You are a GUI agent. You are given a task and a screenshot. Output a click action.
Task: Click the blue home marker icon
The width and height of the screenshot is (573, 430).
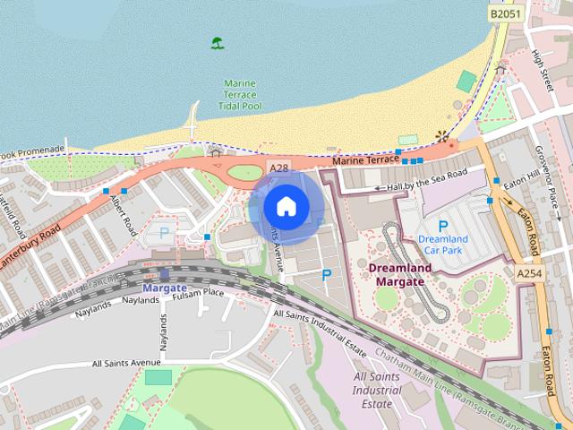point(286,206)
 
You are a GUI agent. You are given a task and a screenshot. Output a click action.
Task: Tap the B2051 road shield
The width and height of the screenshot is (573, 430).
point(506,13)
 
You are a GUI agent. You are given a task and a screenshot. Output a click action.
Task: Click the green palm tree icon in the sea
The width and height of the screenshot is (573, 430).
point(217,43)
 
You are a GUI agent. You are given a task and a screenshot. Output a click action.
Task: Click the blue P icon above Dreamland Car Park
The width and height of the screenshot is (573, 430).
point(442,226)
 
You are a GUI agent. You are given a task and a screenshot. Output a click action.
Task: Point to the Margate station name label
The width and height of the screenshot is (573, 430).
point(164,288)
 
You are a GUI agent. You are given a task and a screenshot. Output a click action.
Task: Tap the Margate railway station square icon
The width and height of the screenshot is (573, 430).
point(164,274)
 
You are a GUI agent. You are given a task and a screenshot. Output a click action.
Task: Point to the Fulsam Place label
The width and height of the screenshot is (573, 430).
point(198,293)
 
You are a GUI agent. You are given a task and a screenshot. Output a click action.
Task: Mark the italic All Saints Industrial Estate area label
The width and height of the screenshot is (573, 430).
point(376,391)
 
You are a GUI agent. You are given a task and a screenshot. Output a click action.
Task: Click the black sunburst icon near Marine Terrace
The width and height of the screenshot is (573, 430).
point(440,136)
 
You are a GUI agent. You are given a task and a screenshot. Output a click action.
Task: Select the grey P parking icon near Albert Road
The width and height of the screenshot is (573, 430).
point(164,232)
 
